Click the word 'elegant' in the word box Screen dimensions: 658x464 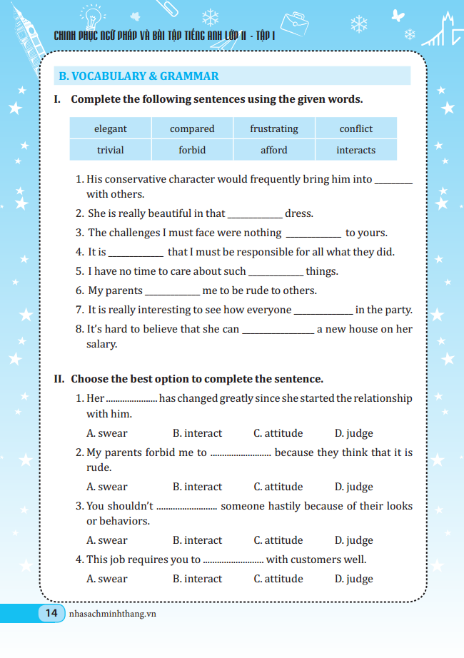point(110,128)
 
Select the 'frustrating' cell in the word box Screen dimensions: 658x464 point(274,128)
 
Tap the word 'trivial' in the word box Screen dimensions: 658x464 point(110,150)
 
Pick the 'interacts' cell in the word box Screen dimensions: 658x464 point(355,150)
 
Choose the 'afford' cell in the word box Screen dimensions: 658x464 point(274,150)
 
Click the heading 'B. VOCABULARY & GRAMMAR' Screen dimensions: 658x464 point(139,76)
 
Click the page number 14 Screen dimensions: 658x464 point(51,613)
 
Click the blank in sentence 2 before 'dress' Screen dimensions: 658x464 point(255,214)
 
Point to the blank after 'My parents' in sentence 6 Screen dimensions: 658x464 point(173,291)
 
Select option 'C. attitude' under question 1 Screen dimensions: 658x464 point(278,433)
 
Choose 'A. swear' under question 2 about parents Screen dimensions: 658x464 point(107,487)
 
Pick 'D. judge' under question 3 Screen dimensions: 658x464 point(354,540)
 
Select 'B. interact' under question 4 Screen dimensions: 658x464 point(198,579)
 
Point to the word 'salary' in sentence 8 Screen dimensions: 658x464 point(101,344)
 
